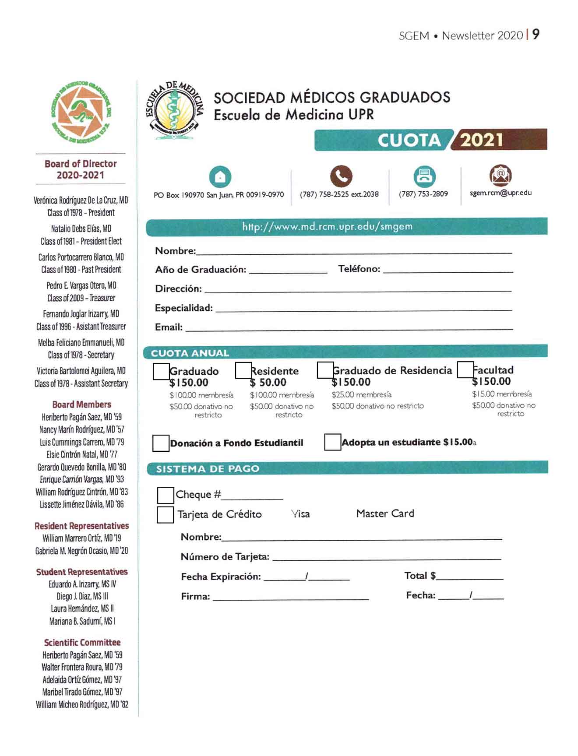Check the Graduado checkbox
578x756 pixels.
pyautogui.click(x=161, y=372)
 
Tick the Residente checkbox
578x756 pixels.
pyautogui.click(x=243, y=370)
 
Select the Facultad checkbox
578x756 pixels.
pyautogui.click(x=465, y=369)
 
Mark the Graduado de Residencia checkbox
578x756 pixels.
pyautogui.click(x=325, y=370)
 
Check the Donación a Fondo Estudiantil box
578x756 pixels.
pyautogui.click(x=161, y=443)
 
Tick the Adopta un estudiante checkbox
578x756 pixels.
pyautogui.click(x=332, y=442)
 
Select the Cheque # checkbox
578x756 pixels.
pyautogui.click(x=166, y=495)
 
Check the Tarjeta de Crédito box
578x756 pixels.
pyautogui.click(x=165, y=515)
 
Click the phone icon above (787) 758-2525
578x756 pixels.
pyautogui.click(x=341, y=176)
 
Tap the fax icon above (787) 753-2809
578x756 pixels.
pyautogui.click(x=424, y=176)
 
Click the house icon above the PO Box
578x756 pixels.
pyautogui.click(x=220, y=176)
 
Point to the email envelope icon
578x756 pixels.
pyautogui.click(x=500, y=175)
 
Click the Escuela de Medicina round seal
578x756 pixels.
pyautogui.click(x=175, y=111)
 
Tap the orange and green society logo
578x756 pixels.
pyautogui.click(x=81, y=112)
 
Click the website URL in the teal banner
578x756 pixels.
pyautogui.click(x=327, y=227)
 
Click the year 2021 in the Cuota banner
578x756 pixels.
pyautogui.click(x=481, y=140)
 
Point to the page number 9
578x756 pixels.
pyautogui.click(x=536, y=35)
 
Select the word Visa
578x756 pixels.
pyautogui.click(x=300, y=514)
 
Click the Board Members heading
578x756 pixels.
pyautogui.click(x=81, y=404)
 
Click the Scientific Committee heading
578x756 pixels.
pyautogui.click(x=82, y=643)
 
